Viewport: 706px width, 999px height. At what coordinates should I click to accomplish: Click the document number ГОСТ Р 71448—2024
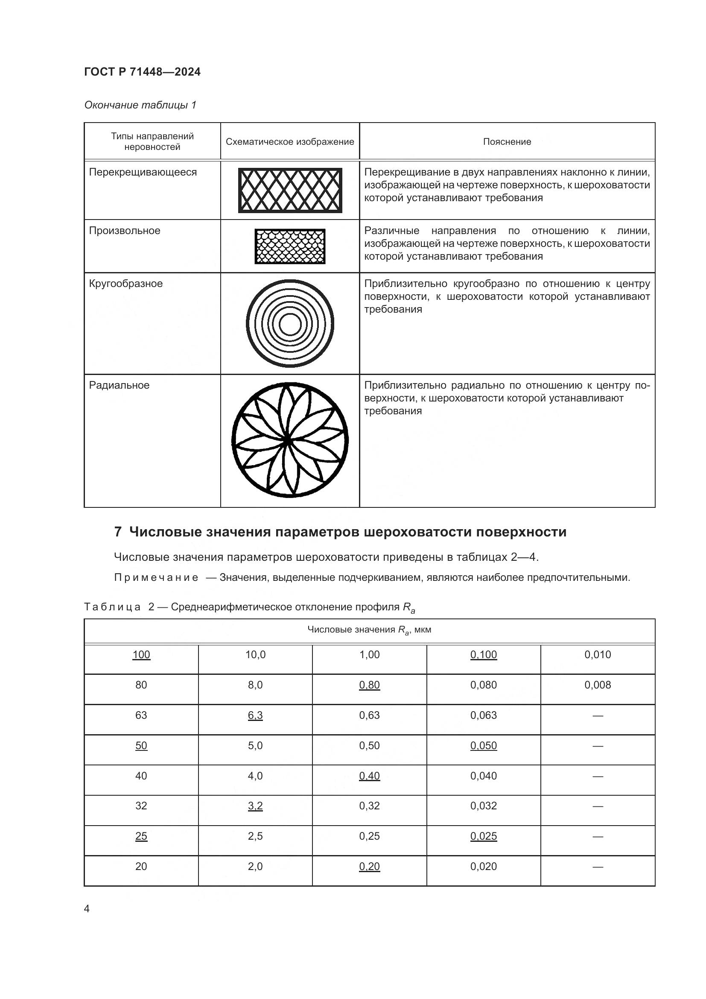[x=142, y=72]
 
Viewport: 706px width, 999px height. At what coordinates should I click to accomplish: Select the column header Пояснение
[x=507, y=142]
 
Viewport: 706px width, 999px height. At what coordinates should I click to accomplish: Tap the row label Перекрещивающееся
[x=143, y=172]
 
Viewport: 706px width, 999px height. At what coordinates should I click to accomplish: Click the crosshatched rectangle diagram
[x=290, y=190]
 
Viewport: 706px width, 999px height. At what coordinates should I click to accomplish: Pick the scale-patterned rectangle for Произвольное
[x=290, y=246]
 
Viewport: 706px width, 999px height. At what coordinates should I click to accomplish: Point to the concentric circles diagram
[x=290, y=324]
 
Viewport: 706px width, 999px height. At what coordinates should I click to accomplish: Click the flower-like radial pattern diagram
[x=290, y=440]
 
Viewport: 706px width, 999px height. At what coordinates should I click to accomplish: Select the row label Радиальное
[x=119, y=386]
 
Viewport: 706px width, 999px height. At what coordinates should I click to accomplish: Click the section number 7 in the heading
[x=117, y=532]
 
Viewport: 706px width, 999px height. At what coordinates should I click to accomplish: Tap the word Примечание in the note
[x=156, y=578]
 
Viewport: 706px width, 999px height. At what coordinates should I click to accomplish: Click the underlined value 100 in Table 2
[x=141, y=655]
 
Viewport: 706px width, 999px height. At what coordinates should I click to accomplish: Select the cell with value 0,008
[x=597, y=685]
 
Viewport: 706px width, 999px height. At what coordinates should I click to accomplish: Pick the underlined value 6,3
[x=255, y=715]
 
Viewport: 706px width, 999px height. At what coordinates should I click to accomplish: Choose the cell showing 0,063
[x=484, y=715]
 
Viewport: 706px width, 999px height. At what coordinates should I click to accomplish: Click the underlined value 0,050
[x=484, y=746]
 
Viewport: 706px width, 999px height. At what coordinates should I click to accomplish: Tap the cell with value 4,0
[x=255, y=776]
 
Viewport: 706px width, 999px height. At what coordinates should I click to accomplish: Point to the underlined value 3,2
[x=255, y=806]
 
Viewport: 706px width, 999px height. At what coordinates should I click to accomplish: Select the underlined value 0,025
[x=484, y=836]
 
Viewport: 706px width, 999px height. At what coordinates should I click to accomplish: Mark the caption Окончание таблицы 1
[x=140, y=105]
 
